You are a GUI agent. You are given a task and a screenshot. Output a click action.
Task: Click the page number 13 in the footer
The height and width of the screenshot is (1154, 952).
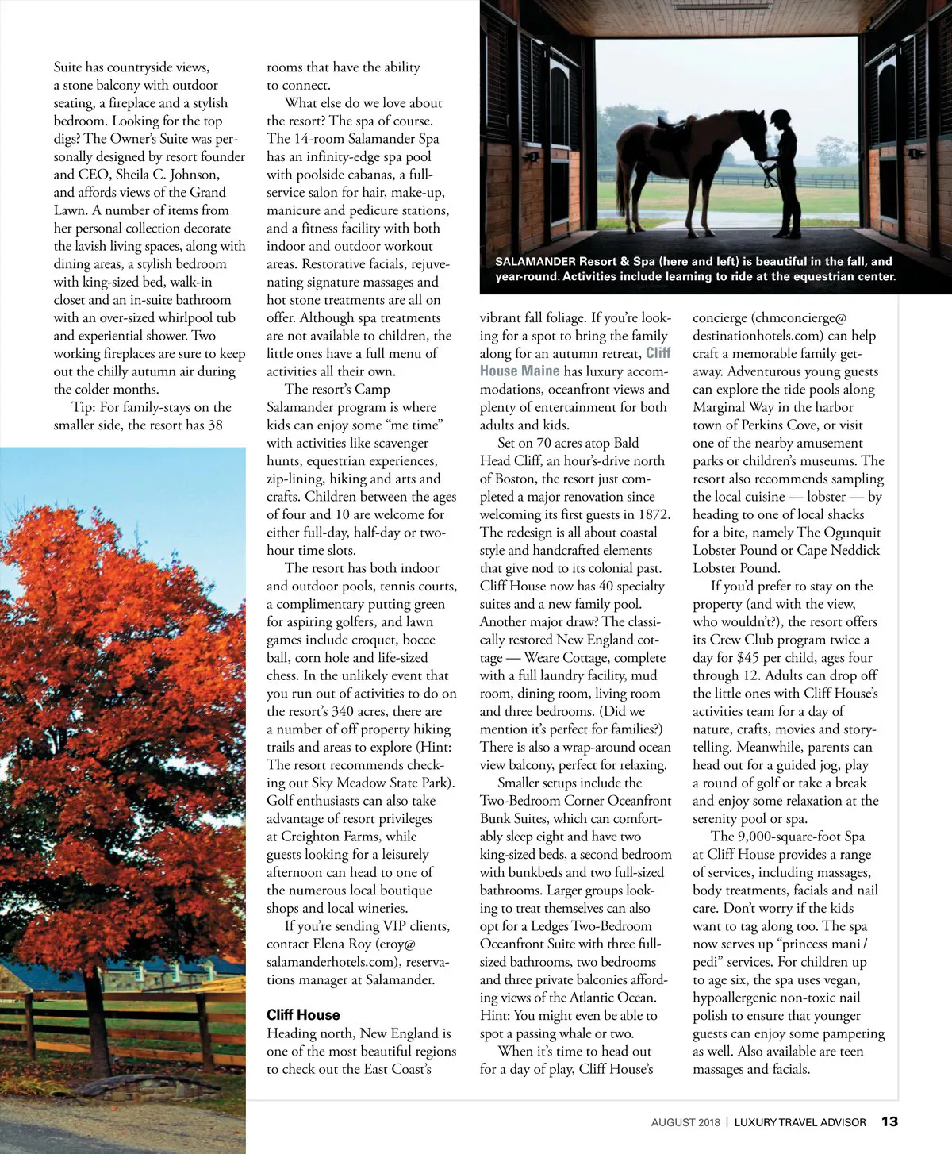pyautogui.click(x=889, y=1121)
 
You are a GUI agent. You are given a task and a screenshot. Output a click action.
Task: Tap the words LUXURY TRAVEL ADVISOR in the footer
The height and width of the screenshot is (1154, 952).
pyautogui.click(x=800, y=1122)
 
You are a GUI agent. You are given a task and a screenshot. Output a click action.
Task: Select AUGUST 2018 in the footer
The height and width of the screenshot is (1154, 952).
pyautogui.click(x=685, y=1122)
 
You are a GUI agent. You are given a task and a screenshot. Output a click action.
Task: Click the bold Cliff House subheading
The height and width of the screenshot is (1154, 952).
pyautogui.click(x=303, y=1015)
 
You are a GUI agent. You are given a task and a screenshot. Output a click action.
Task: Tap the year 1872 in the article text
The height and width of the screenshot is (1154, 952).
pyautogui.click(x=654, y=514)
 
